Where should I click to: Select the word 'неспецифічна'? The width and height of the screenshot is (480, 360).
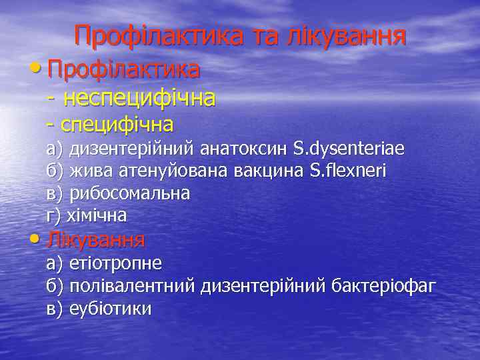[139, 99]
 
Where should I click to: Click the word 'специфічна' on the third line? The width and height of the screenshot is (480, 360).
[117, 124]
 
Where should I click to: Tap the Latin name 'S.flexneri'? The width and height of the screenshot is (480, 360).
[349, 171]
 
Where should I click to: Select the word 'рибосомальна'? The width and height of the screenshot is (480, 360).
[129, 193]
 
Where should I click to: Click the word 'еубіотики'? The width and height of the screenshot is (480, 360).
[110, 309]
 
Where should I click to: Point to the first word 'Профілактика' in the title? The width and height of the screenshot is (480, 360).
[158, 36]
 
